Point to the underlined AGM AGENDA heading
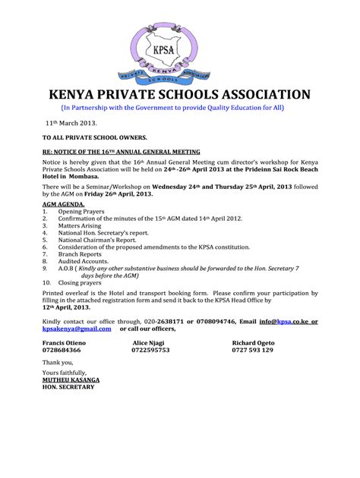pyautogui.click(x=63, y=205)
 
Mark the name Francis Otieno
pyautogui.click(x=64, y=343)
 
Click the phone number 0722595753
pyautogui.click(x=150, y=350)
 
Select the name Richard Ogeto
pyautogui.click(x=253, y=343)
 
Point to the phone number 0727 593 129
pyautogui.click(x=252, y=350)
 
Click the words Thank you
pyautogui.click(x=58, y=362)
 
